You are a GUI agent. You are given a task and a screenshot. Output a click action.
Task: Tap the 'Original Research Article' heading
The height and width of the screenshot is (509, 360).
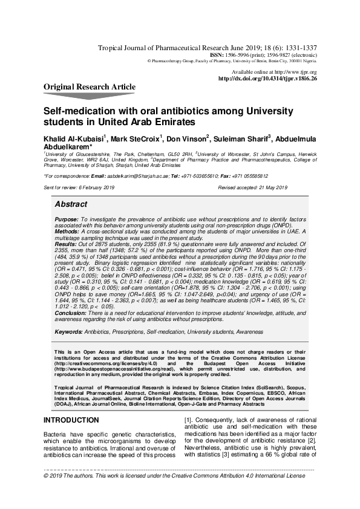[x=90, y=87]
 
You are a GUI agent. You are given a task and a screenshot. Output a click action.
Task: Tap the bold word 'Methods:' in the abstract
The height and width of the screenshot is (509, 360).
[x=67, y=231]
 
